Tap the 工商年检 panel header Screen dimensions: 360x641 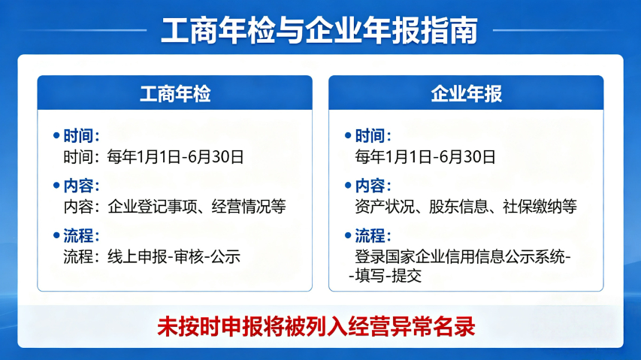coord(174,94)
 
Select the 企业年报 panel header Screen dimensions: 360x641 coord(466,94)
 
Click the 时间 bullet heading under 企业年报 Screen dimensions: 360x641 coord(373,135)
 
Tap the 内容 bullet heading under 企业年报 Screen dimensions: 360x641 coord(373,185)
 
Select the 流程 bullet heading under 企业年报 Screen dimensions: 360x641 coord(373,234)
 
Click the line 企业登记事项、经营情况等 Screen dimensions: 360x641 coord(197,207)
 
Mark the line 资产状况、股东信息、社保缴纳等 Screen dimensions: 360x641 coord(465,207)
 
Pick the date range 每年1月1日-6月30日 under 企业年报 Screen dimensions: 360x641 coord(425,157)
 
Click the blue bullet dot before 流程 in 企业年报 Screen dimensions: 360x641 coord(348,234)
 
